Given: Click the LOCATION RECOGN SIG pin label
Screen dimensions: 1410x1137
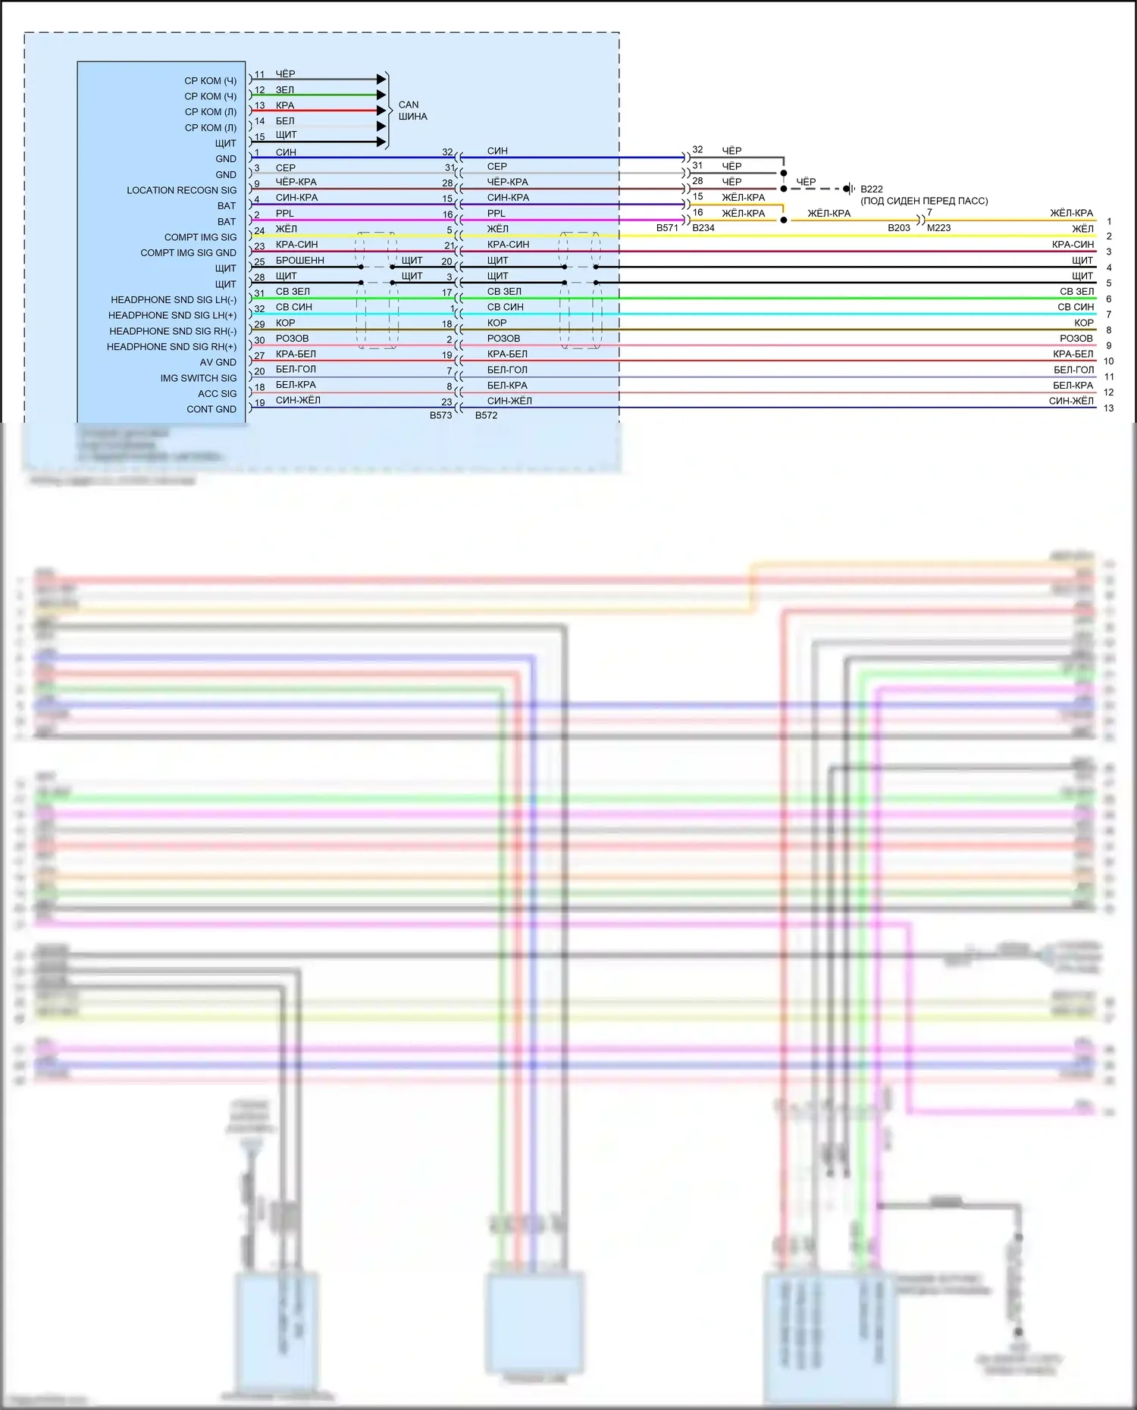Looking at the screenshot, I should [181, 190].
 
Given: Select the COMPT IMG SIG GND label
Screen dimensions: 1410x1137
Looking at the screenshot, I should [188, 253].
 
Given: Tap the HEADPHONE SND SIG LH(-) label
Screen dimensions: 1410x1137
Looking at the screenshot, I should [174, 300].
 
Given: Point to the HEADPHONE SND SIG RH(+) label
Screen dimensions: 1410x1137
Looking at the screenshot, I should [171, 347].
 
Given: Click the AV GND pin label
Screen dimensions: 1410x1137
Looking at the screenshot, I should [218, 362].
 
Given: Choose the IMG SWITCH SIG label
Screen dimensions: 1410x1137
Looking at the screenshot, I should [198, 378].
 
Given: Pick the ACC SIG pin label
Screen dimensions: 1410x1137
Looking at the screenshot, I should [217, 394].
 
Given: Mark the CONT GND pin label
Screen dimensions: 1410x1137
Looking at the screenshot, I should [211, 409].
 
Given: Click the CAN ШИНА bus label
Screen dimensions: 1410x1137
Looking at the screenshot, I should [412, 111].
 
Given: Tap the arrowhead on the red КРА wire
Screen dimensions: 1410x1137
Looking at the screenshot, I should [381, 111].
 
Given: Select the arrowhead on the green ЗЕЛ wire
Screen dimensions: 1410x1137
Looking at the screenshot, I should [381, 95].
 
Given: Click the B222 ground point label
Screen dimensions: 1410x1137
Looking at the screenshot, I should [872, 189].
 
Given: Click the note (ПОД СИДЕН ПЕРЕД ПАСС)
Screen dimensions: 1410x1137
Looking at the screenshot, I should [924, 201].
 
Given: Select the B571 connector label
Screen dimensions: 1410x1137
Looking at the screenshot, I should [667, 227].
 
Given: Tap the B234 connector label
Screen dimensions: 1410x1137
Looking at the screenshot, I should [703, 227].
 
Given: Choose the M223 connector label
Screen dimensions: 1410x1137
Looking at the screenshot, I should [938, 227].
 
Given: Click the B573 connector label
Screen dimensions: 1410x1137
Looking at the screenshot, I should [440, 415].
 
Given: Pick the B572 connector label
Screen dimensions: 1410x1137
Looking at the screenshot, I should [486, 415].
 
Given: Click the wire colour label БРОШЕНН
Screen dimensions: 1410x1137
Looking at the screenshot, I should [299, 261].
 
